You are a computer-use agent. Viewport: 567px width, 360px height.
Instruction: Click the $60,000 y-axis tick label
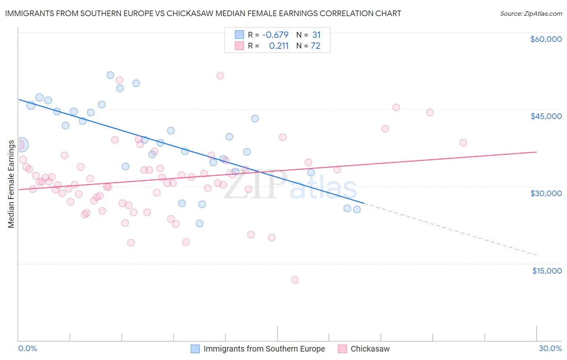coord(546,39)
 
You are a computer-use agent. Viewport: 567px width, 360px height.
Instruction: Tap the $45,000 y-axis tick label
coord(546,116)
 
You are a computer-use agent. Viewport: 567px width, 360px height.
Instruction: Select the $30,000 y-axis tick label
coord(546,193)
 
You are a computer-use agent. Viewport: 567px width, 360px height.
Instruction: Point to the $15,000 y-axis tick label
coord(547,271)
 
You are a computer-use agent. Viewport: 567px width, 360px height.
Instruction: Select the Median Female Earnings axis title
coord(11,184)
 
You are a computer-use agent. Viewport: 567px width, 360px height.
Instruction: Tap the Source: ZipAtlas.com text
coord(531,13)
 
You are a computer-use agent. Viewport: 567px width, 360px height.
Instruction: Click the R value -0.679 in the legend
coord(275,35)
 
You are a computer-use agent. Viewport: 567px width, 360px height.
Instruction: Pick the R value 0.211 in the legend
coord(279,46)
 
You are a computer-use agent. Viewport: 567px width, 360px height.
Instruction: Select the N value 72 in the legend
coord(315,46)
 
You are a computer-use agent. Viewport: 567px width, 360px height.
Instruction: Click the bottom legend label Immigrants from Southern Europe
coord(264,349)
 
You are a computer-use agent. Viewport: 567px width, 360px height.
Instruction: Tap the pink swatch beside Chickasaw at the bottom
coord(342,349)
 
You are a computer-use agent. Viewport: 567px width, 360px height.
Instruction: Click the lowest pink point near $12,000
coord(295,280)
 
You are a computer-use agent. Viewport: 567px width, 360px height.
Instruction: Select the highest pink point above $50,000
coord(220,76)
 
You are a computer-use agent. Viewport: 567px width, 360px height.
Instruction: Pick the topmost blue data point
coord(110,75)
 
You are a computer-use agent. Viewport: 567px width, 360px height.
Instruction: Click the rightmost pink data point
coord(463,143)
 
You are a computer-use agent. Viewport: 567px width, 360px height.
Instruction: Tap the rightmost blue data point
coord(357,209)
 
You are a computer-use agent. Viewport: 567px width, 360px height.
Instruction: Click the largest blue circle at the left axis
coord(21,144)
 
